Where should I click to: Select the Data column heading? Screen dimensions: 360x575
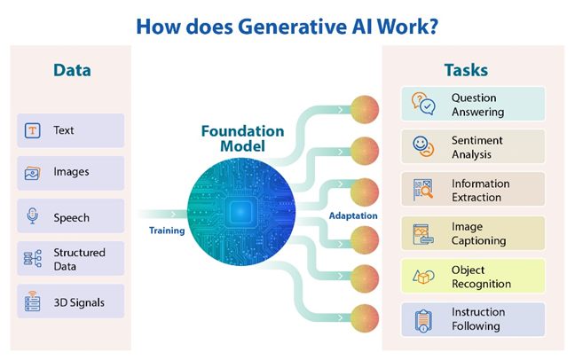pyautogui.click(x=71, y=70)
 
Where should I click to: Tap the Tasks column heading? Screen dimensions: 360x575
pyautogui.click(x=467, y=70)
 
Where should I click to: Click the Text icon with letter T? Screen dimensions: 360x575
pyautogui.click(x=33, y=130)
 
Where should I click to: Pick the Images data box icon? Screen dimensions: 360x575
pyautogui.click(x=33, y=173)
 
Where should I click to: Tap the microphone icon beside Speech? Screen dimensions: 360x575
pyautogui.click(x=33, y=216)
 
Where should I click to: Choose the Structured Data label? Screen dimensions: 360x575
pyautogui.click(x=78, y=259)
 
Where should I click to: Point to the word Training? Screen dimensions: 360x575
pyautogui.click(x=166, y=231)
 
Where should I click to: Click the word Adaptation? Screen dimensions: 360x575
pyautogui.click(x=352, y=215)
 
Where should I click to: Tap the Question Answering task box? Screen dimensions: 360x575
pyautogui.click(x=472, y=105)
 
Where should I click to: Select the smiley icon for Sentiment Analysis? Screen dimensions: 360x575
pyautogui.click(x=423, y=146)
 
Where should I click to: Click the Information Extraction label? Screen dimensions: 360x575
pyautogui.click(x=480, y=190)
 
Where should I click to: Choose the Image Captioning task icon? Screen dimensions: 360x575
pyautogui.click(x=423, y=233)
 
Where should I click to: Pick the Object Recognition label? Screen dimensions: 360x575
pyautogui.click(x=481, y=277)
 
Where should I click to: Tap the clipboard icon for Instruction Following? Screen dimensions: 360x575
pyautogui.click(x=423, y=319)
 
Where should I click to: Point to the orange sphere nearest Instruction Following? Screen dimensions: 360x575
pyautogui.click(x=365, y=317)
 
